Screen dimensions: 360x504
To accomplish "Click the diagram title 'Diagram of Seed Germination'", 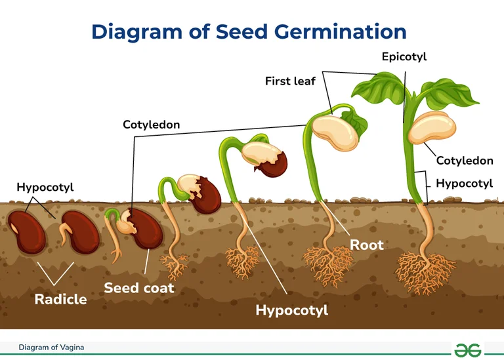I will [x=249, y=31].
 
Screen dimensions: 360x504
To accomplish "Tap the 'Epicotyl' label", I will [x=404, y=57].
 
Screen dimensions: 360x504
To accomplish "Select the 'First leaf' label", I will [x=290, y=81].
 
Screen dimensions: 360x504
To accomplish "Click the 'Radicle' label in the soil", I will [x=60, y=299].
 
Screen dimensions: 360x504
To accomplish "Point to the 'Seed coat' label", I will [x=139, y=287].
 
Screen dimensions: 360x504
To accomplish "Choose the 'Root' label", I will [x=366, y=245].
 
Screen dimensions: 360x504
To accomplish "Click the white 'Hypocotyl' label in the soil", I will [x=291, y=310].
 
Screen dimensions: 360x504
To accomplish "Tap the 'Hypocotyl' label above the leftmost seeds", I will [x=45, y=188].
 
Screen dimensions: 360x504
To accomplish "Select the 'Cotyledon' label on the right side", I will [x=465, y=161].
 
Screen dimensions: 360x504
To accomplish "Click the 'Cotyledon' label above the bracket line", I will [x=151, y=124].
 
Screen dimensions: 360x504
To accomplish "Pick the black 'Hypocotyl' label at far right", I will [x=464, y=184].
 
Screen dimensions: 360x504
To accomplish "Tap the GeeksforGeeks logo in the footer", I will [x=467, y=349].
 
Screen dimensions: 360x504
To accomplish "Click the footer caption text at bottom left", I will [x=51, y=347].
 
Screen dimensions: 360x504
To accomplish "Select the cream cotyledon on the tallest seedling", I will [x=431, y=128].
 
